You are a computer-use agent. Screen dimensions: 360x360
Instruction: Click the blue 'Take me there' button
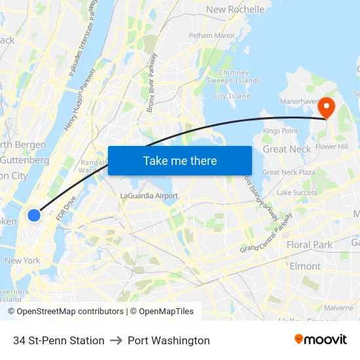coord(180,160)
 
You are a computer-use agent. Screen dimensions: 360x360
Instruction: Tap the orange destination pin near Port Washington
coord(325,108)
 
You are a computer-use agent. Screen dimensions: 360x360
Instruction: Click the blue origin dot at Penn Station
coord(34,215)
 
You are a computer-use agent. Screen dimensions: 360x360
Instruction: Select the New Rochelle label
coord(236,10)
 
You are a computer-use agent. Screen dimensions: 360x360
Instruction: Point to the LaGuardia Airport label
coord(149,196)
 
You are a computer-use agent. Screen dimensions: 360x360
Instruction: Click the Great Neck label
coord(287,149)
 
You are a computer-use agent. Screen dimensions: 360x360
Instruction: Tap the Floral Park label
coord(309,245)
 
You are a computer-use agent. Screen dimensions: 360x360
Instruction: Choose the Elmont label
coord(305,266)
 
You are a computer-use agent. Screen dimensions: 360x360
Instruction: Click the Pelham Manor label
coord(211,35)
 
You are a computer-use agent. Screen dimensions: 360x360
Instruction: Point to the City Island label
coord(232,96)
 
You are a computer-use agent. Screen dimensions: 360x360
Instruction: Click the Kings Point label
coord(280,131)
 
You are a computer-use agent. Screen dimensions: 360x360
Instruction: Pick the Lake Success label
coord(297,193)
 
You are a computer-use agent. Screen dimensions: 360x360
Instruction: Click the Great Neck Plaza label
coord(289,172)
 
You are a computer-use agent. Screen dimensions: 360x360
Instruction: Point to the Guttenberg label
coord(24,160)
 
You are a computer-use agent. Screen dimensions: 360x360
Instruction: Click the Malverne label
coord(338,307)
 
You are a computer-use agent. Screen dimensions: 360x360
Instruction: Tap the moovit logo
coord(321,340)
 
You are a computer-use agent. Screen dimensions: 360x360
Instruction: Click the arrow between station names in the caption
coord(116,340)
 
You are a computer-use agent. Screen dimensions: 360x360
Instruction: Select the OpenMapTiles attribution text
coord(162,312)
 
